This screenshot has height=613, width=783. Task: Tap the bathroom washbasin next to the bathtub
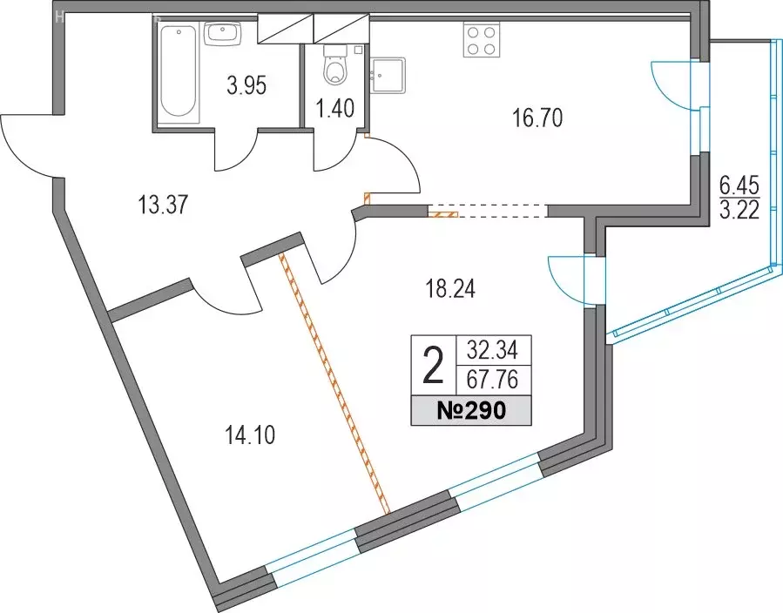[x=223, y=33]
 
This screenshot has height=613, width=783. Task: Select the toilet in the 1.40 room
[x=335, y=65]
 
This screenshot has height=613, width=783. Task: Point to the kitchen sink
[x=388, y=75]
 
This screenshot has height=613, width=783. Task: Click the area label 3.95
[x=246, y=85]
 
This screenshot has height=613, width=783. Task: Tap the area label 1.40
[x=335, y=108]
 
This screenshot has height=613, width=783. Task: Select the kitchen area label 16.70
[x=537, y=118]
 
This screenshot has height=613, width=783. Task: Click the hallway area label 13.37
[x=163, y=205]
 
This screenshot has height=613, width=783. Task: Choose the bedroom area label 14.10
[x=250, y=436]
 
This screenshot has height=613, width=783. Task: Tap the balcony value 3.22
[x=739, y=210]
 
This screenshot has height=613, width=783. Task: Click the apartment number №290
[x=471, y=410]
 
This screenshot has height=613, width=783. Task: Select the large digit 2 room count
[x=434, y=366]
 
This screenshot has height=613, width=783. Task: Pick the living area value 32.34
[x=492, y=349]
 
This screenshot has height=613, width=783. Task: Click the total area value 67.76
[x=492, y=380]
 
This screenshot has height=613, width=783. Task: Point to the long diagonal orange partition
[x=334, y=383]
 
